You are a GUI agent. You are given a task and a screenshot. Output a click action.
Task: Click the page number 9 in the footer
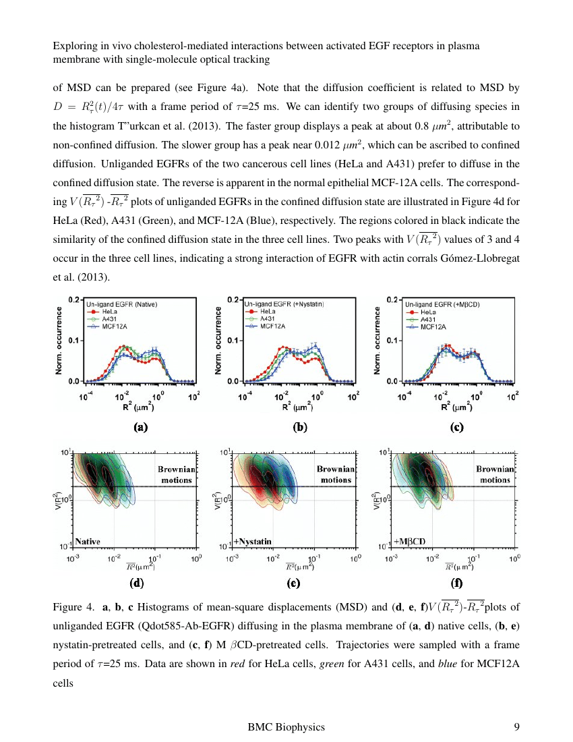516,726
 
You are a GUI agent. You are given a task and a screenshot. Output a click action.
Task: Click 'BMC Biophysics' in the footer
286,726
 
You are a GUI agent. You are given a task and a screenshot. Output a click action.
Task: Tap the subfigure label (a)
140,426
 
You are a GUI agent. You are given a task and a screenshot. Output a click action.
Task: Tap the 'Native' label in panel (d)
88,541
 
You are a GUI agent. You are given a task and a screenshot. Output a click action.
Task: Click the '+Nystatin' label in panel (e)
253,541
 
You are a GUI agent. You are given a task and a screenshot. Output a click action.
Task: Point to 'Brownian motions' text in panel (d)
177,474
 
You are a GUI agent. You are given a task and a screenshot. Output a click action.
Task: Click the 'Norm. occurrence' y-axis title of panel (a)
59,341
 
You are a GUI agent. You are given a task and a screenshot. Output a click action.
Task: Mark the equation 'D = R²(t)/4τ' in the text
96,107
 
